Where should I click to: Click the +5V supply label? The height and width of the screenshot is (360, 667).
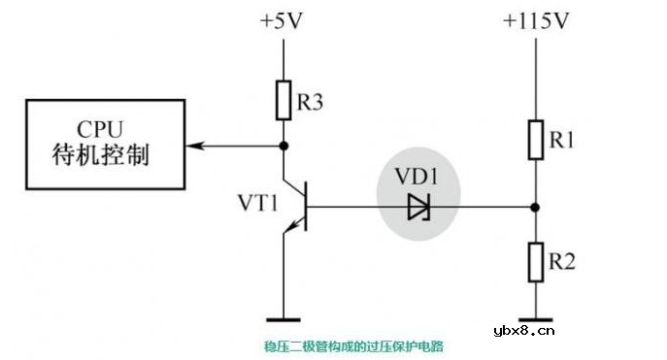point(283,20)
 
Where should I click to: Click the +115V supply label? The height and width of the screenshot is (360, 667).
point(535,20)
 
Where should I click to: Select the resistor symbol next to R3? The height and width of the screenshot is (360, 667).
point(283,100)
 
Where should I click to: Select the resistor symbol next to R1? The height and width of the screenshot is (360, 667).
point(535,140)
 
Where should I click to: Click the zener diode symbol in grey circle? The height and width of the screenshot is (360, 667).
point(418,206)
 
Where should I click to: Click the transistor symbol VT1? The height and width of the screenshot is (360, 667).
point(299,206)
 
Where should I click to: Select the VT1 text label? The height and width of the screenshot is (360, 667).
point(258,205)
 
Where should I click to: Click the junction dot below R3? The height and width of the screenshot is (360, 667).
point(283,146)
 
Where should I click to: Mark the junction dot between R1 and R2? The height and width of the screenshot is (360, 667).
point(535,206)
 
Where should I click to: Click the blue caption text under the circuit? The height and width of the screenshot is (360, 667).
point(353,344)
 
